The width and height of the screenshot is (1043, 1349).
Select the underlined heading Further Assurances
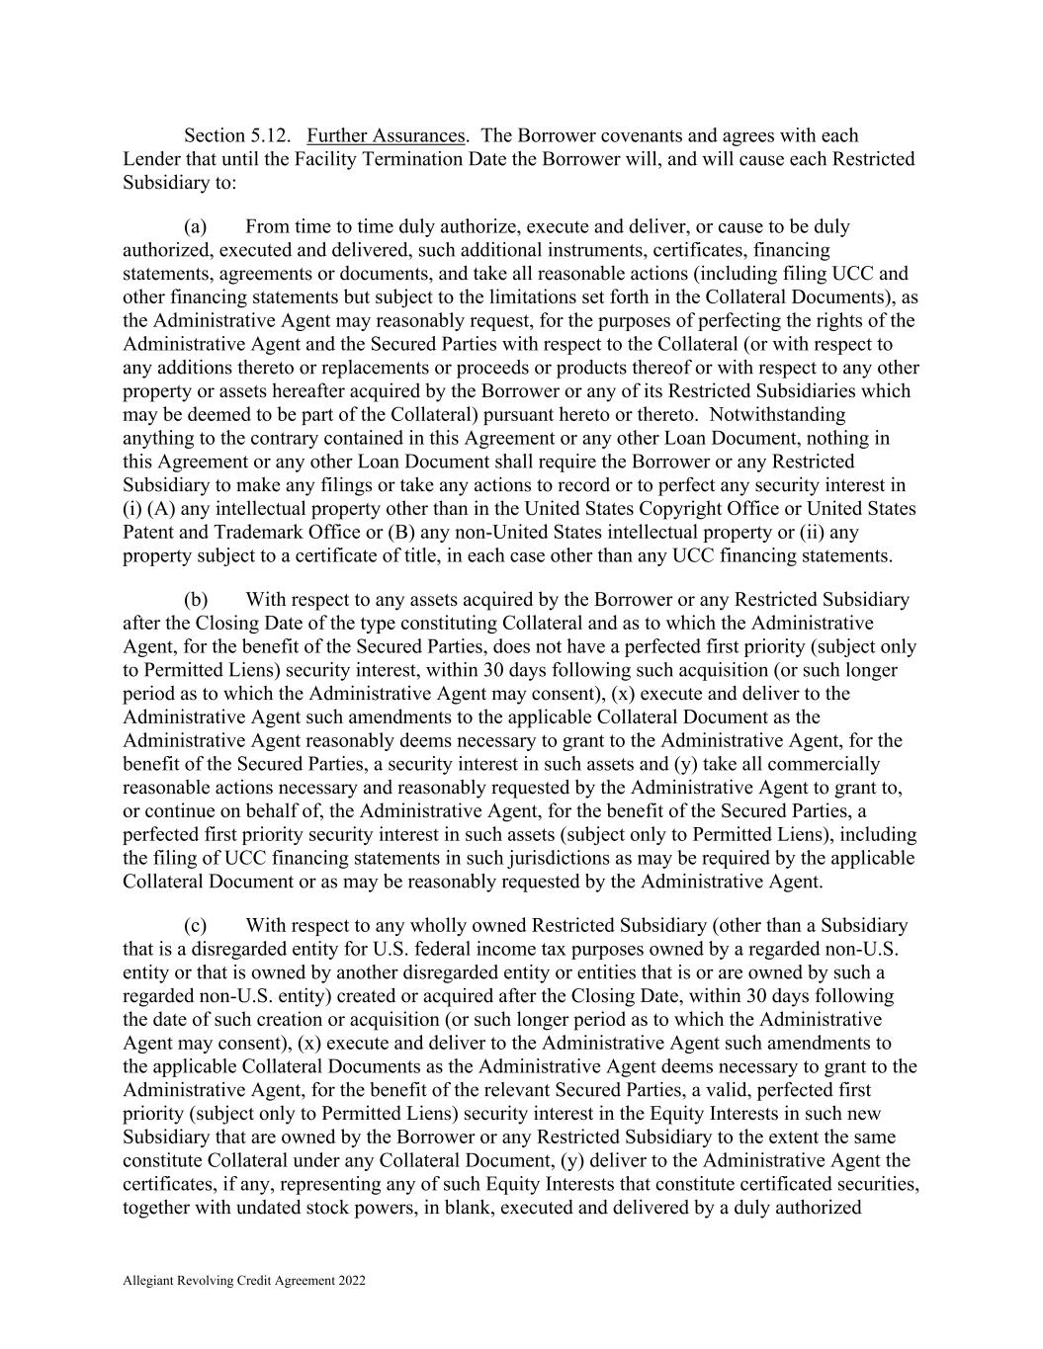tap(386, 135)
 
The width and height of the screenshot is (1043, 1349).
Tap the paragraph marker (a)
tap(196, 227)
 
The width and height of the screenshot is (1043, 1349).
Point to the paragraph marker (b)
tap(196, 600)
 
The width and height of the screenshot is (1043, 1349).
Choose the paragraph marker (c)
tap(196, 926)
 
